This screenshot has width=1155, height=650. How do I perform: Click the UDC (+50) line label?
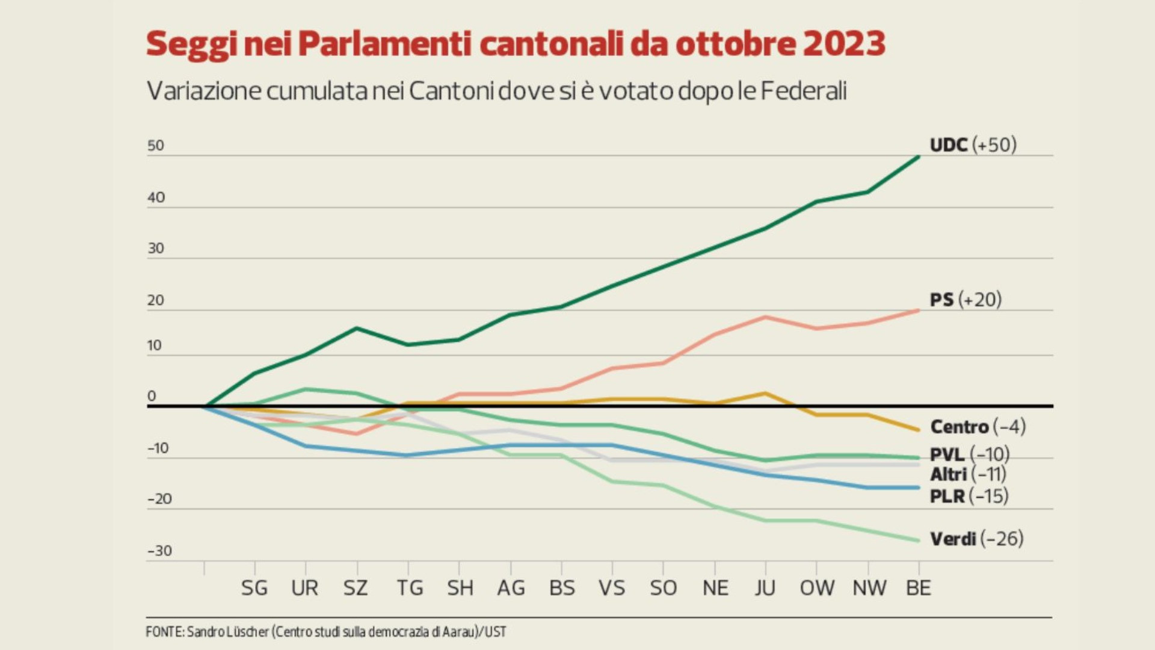pyautogui.click(x=973, y=145)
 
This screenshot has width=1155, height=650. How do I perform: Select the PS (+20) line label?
pyautogui.click(x=966, y=300)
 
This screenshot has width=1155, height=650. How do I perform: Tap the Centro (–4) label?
pyautogui.click(x=978, y=427)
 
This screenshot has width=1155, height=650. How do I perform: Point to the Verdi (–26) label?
pyautogui.click(x=976, y=539)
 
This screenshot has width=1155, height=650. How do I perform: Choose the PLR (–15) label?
pyautogui.click(x=969, y=497)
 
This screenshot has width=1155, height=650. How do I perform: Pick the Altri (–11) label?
pyautogui.click(x=968, y=474)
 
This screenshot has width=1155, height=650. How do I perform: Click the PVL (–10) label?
pyautogui.click(x=969, y=454)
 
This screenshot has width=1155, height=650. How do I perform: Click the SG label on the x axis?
pyautogui.click(x=254, y=588)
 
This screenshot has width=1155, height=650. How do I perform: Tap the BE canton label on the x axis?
pyautogui.click(x=918, y=588)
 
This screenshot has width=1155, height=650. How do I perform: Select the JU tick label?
pyautogui.click(x=765, y=588)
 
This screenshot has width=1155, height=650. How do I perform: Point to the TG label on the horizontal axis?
pyautogui.click(x=409, y=588)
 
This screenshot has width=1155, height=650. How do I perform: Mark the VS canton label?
pyautogui.click(x=612, y=588)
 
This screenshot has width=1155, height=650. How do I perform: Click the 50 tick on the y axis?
pyautogui.click(x=155, y=146)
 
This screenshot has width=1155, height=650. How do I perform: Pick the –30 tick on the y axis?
pyautogui.click(x=159, y=551)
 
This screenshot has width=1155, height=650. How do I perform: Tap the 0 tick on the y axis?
pyautogui.click(x=152, y=396)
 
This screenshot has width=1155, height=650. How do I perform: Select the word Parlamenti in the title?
pyautogui.click(x=384, y=43)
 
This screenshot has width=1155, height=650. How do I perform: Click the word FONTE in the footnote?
pyautogui.click(x=164, y=632)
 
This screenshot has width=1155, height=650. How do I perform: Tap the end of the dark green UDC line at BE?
pyautogui.click(x=919, y=156)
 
